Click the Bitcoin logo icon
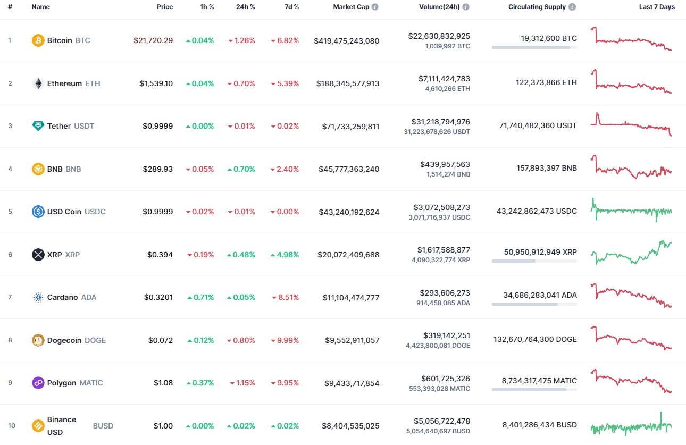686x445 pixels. [x=38, y=40]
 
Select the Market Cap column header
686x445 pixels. [x=351, y=7]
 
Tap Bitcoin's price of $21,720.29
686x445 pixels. [x=153, y=40]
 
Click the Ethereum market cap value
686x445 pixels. [x=348, y=83]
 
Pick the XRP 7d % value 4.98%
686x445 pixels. [x=285, y=255]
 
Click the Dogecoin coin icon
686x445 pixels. [x=38, y=340]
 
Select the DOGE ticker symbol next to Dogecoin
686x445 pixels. [x=95, y=340]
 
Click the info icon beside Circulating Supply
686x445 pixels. [x=572, y=7]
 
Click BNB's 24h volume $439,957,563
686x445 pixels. [x=445, y=164]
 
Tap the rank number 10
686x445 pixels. [x=12, y=426]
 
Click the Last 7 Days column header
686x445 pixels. [x=657, y=7]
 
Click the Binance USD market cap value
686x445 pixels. [x=350, y=426]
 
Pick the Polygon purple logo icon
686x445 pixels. [x=38, y=383]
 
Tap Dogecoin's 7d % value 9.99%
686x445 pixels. [x=285, y=340]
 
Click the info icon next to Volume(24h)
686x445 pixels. [x=466, y=7]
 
